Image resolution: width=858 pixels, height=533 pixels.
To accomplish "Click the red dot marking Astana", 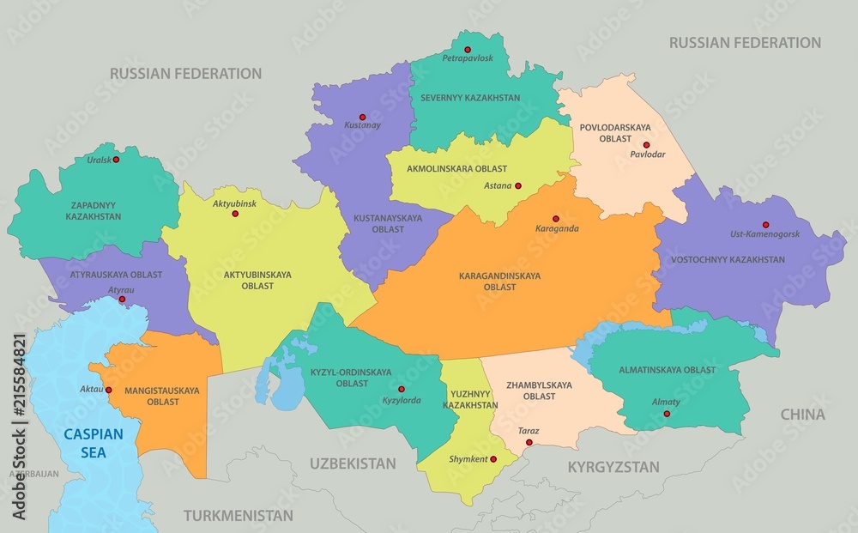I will point(518,185).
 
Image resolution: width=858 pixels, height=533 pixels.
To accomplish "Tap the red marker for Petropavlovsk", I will point(468,49).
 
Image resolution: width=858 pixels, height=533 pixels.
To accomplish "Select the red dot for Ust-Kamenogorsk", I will point(765,225).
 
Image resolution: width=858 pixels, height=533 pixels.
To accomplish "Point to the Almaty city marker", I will point(667,414).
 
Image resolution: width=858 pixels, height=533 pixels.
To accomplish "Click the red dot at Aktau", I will point(109,389).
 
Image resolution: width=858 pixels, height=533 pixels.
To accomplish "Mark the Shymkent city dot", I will point(494,458).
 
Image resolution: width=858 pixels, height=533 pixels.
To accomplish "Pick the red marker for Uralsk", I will point(116,160).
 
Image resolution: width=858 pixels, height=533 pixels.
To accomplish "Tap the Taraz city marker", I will point(529,442).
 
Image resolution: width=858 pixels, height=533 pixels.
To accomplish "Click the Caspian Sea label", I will point(93,443).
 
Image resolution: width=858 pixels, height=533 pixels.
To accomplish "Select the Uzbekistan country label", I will point(353,463).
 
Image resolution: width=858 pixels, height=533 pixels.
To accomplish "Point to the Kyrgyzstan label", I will point(613,467).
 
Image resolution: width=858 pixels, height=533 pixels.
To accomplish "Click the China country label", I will point(802,415).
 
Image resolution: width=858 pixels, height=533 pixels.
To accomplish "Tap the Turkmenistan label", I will point(238,516).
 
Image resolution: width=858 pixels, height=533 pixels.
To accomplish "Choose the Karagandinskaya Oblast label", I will point(499,282).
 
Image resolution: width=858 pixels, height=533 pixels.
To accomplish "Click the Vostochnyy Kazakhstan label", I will point(740,259).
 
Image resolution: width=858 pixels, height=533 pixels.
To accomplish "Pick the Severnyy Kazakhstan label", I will point(469,98).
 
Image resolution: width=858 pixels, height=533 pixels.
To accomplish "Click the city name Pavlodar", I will point(647,155).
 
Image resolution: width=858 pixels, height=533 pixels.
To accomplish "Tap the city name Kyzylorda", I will point(402,401).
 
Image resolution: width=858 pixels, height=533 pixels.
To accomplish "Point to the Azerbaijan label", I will point(34,473).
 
